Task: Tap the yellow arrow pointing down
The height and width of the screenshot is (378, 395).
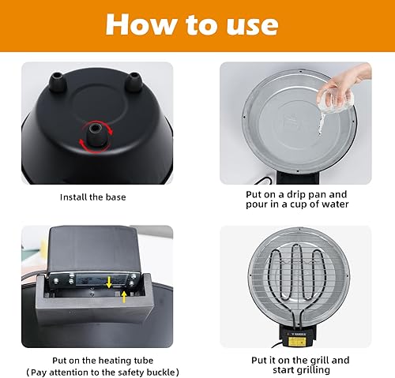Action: click(108, 279)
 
